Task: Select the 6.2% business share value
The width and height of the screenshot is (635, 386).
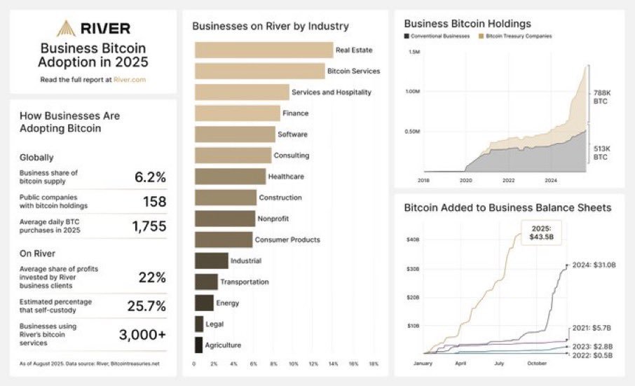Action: pos(150,177)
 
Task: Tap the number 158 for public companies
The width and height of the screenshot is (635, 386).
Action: pos(153,202)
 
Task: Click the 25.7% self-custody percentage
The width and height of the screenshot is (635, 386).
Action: pos(146,305)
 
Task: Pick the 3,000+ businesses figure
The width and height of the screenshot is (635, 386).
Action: pos(143,334)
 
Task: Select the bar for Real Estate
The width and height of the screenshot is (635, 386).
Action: pos(264,50)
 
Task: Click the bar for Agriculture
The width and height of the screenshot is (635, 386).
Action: pos(198,345)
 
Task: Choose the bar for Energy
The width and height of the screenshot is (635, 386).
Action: pos(204,303)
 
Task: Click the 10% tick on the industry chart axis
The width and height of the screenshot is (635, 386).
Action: pos(294,364)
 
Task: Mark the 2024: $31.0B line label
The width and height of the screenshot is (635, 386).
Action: pos(593,265)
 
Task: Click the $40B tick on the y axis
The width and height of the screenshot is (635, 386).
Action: pos(414,240)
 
